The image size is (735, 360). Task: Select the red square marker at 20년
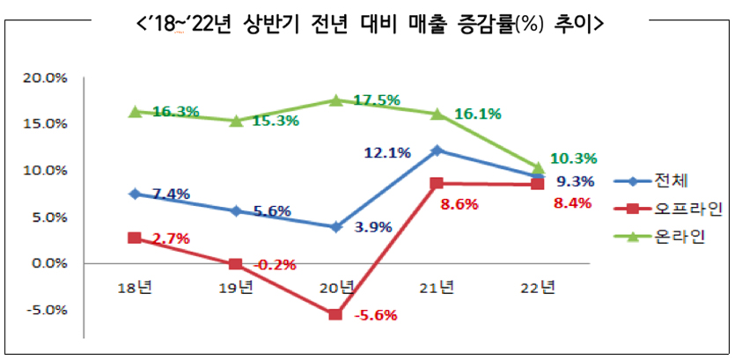[335, 314]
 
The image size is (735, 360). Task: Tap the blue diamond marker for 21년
[437, 151]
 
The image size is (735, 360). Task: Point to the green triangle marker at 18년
[135, 112]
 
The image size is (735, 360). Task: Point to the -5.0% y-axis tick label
[46, 310]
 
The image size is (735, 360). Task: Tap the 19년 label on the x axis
[236, 287]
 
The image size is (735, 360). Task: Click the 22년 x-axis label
[538, 287]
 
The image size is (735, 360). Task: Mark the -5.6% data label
[375, 315]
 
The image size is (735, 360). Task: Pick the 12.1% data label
[387, 153]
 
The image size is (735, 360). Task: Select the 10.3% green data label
[574, 158]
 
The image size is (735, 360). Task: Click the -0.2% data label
[276, 264]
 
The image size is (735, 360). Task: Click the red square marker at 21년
[437, 184]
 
